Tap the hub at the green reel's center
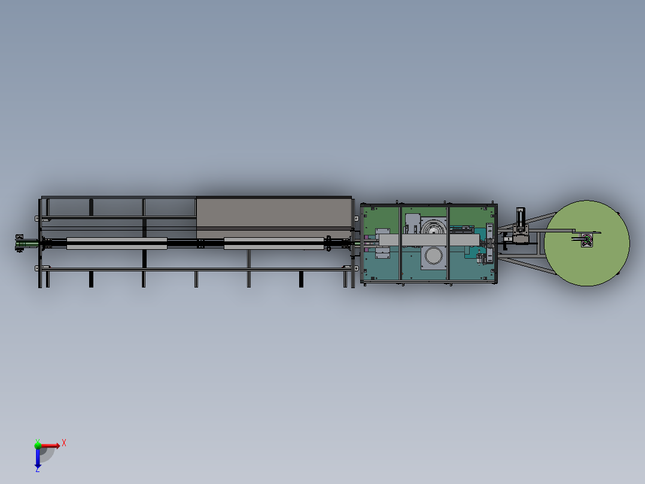point(586,241)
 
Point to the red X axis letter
point(64,443)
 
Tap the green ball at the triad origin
point(38,444)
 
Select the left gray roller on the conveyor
point(116,244)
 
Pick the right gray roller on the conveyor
point(273,244)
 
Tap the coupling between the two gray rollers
point(200,244)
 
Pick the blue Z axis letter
point(38,470)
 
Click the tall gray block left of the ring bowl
point(412,222)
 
